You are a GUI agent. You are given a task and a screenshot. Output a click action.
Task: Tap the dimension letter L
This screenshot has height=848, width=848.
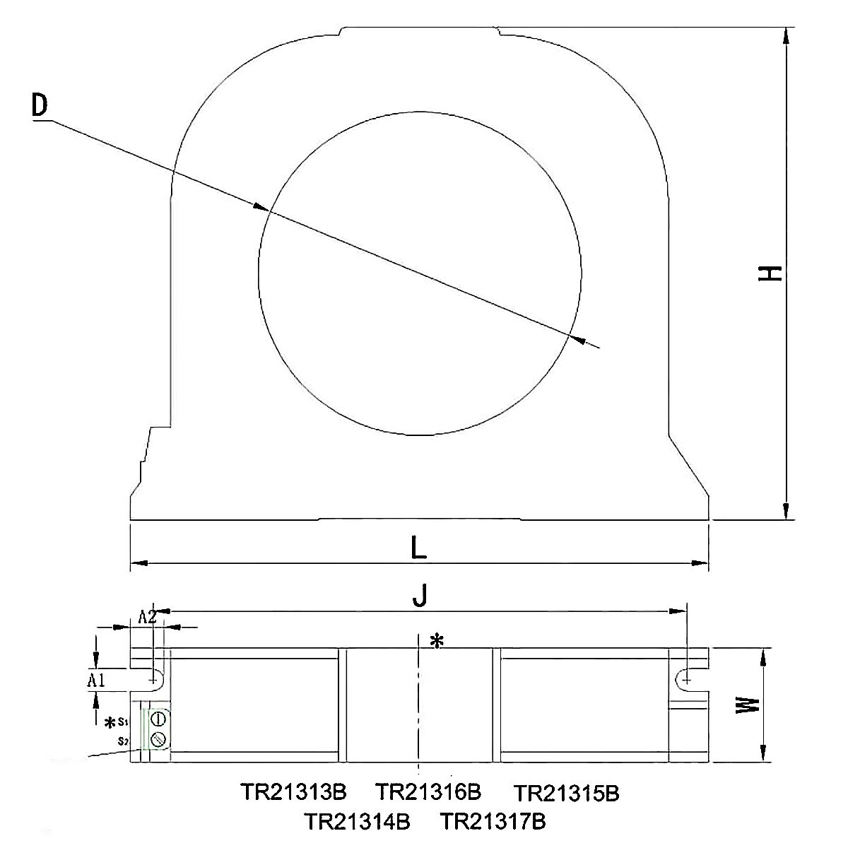point(419,548)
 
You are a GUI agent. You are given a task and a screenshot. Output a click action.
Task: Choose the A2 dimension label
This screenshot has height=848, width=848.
point(147,616)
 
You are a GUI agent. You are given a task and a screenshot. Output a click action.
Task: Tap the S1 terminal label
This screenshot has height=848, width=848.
point(122,722)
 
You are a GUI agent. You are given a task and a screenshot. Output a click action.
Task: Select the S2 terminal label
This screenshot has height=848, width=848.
point(123,741)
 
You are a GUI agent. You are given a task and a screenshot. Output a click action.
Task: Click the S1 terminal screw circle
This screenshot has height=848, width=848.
point(158,719)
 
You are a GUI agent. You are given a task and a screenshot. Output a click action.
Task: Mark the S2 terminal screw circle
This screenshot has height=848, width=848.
point(158,739)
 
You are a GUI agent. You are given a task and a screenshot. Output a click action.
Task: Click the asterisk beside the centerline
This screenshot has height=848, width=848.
point(437,641)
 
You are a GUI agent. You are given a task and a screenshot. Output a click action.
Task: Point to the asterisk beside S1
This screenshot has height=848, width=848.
point(110,723)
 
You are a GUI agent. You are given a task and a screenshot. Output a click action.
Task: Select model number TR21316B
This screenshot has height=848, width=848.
point(428,791)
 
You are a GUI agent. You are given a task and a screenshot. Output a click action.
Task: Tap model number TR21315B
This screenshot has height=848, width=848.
point(566,794)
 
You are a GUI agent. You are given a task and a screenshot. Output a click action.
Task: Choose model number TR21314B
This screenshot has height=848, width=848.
point(358,822)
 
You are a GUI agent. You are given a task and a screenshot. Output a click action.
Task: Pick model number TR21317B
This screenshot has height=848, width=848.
point(493,822)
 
